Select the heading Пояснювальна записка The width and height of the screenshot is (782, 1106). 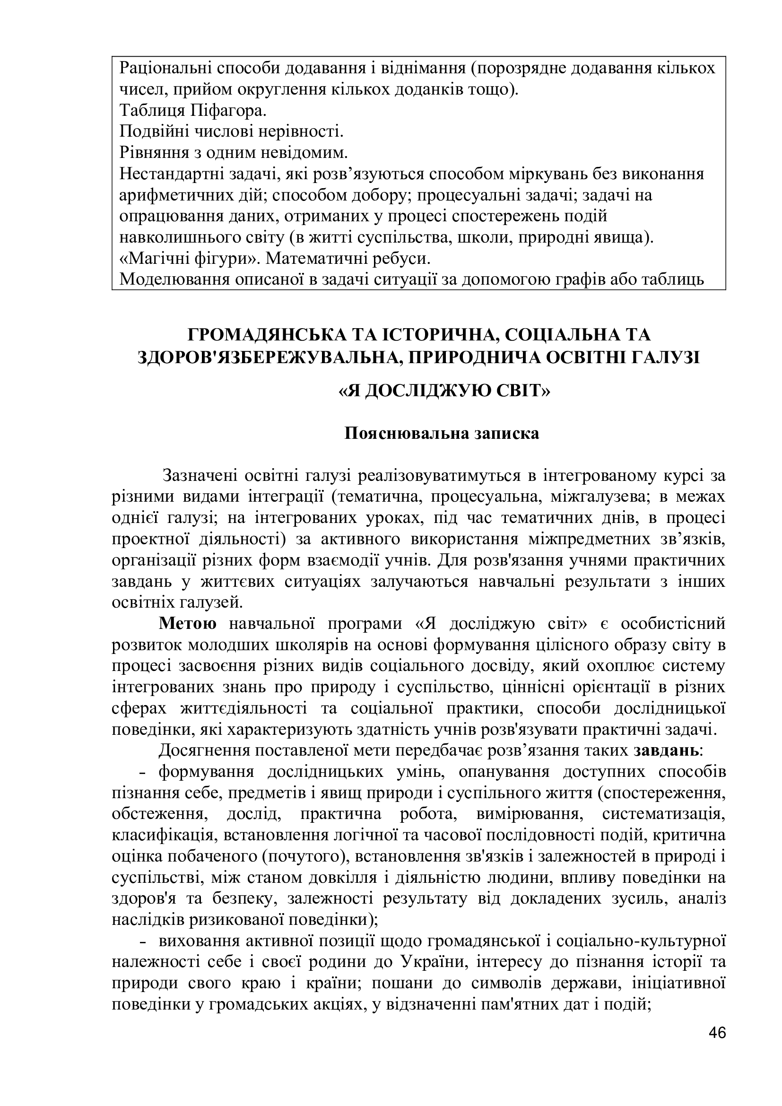pos(442,433)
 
